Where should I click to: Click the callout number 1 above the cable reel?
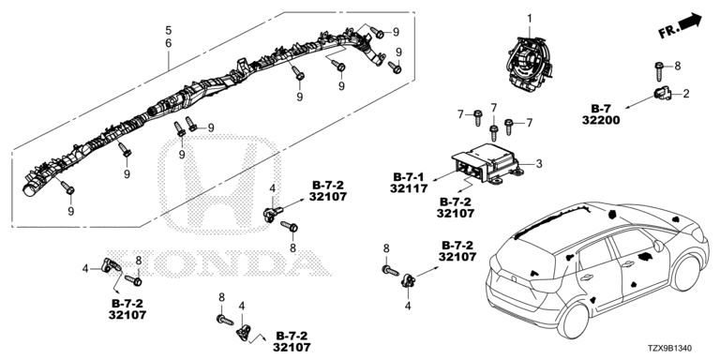point(530,19)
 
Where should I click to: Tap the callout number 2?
point(686,94)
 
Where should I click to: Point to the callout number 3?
point(539,163)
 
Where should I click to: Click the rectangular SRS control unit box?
point(487,163)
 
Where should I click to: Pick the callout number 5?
point(169,31)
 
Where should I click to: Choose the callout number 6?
point(169,44)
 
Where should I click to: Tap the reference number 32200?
point(601,121)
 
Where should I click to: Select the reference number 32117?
point(409,188)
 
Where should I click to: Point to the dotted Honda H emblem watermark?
point(219,184)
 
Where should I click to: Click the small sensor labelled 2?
point(663,93)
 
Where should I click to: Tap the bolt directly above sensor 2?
point(659,71)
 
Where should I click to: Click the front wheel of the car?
point(685,271)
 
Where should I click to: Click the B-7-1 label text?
point(409,176)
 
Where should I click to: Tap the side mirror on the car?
point(657,247)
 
